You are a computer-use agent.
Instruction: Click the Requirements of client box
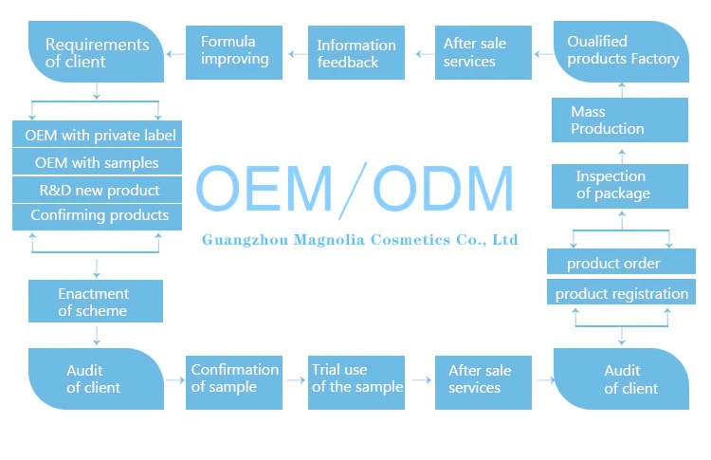(96, 52)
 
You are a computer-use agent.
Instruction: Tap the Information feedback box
(357, 53)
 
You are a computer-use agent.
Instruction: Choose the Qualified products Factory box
(621, 50)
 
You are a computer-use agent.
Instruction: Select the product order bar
(619, 263)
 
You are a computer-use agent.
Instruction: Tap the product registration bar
(621, 293)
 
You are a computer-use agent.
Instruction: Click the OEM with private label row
(96, 136)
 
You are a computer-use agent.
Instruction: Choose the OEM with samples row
(96, 162)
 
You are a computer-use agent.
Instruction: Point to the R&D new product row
(96, 190)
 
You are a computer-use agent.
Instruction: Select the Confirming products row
(96, 215)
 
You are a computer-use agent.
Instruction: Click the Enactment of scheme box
(94, 302)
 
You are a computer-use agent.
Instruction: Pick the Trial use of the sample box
(357, 378)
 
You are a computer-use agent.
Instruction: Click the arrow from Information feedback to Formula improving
(296, 52)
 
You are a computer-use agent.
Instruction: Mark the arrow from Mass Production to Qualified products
(621, 89)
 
